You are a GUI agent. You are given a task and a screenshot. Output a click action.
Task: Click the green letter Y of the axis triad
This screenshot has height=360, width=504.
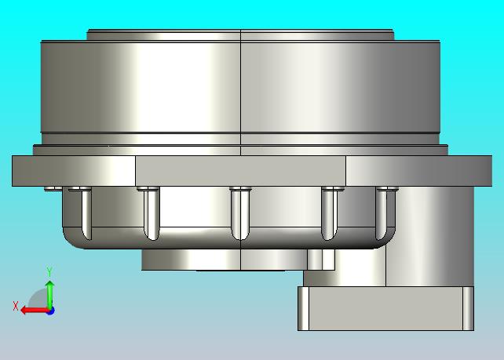pos(49,271)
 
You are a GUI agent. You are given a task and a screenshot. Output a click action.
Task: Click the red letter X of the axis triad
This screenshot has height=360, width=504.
pos(16,306)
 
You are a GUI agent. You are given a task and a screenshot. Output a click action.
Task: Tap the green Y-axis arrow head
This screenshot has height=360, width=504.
pos(49,284)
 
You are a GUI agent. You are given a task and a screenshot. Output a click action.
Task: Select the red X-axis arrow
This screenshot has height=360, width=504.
pos(35,311)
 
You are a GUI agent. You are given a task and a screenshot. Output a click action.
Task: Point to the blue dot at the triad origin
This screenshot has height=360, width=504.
pos(50,311)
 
